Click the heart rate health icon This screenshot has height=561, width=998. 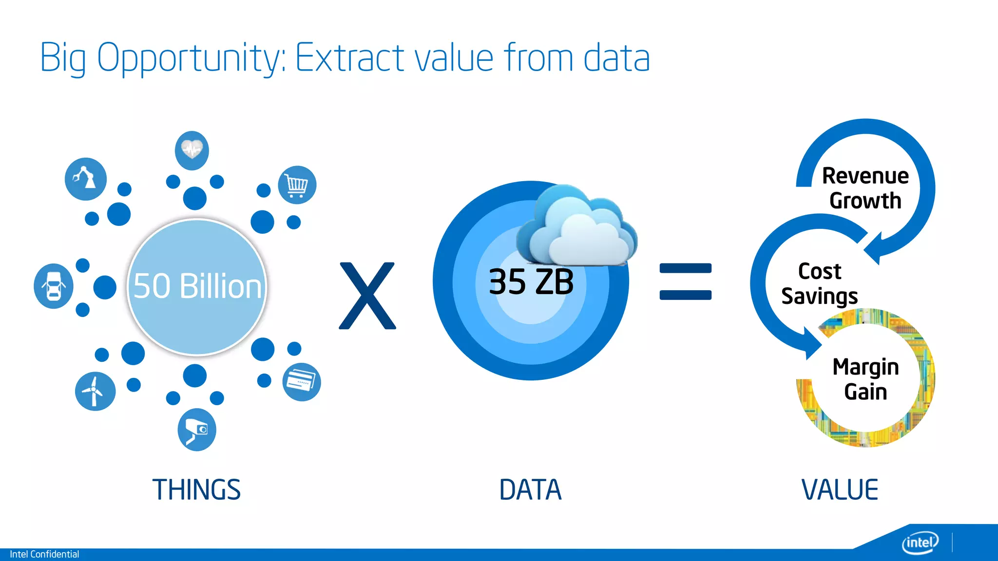tap(192, 150)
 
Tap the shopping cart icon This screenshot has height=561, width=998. tap(297, 185)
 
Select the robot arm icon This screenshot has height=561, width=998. tap(85, 179)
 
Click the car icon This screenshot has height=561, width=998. tap(54, 286)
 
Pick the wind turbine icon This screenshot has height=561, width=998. tap(95, 391)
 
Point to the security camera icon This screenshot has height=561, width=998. tap(197, 430)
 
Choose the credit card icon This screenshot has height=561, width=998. tap(302, 382)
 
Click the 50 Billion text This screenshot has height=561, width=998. tap(197, 286)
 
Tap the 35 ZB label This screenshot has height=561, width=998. tap(531, 281)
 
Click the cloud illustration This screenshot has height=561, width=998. tap(577, 226)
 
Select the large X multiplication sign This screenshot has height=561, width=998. tap(367, 296)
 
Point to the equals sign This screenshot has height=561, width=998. tap(685, 281)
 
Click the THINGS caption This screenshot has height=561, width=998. tap(196, 489)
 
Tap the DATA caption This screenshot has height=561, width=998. tap(530, 489)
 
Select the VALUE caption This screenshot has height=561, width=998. tap(840, 489)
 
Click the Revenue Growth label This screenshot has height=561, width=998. tap(865, 188)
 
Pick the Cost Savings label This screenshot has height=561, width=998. tap(820, 283)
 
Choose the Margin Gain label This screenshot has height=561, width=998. tap(865, 379)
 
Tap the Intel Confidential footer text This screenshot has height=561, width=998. tap(44, 554)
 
